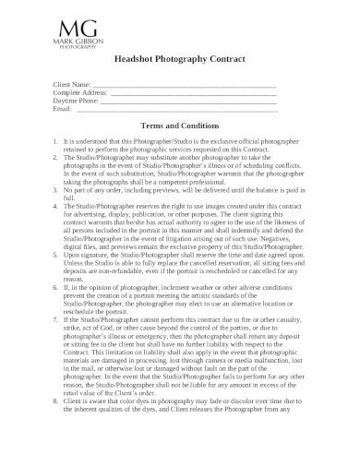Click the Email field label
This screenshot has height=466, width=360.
[x=64, y=109]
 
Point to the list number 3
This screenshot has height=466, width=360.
[x=56, y=189]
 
